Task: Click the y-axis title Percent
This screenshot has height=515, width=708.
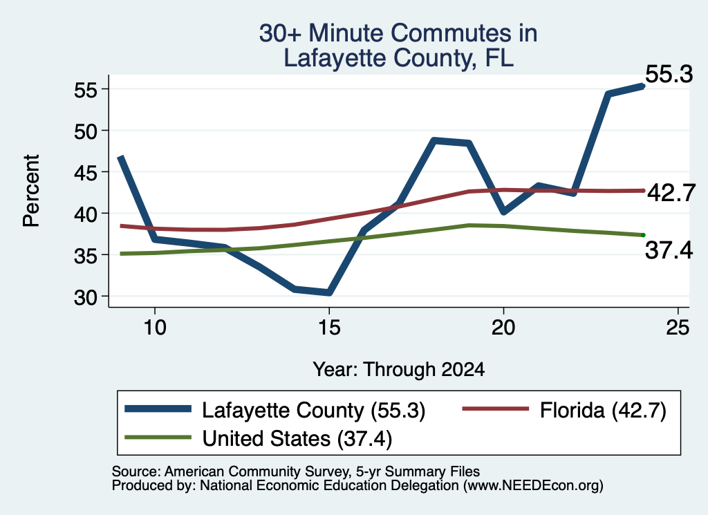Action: tap(31, 190)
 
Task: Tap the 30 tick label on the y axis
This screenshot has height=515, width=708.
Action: tap(86, 297)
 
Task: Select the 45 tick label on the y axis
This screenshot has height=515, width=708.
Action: tap(86, 172)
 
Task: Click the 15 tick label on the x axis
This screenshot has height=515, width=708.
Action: tap(329, 327)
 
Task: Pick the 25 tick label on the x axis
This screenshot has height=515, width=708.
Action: tap(678, 327)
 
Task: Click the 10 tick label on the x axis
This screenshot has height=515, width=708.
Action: tap(155, 327)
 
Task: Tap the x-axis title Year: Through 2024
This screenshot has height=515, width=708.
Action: tap(399, 369)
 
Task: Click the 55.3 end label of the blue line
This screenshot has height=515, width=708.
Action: tap(669, 74)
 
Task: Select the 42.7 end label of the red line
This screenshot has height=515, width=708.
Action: tap(671, 193)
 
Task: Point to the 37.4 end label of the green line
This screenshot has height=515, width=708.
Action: tap(669, 250)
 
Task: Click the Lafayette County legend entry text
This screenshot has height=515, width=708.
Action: tap(314, 411)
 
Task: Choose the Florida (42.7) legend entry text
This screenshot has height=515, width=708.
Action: tap(603, 411)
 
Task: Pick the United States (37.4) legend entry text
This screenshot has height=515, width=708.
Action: tap(297, 438)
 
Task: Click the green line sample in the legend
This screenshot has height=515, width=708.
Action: tap(158, 437)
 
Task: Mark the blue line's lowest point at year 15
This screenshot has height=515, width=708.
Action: tap(329, 292)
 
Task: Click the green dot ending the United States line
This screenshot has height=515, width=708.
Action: tap(643, 235)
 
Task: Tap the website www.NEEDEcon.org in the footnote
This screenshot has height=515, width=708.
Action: tap(533, 485)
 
